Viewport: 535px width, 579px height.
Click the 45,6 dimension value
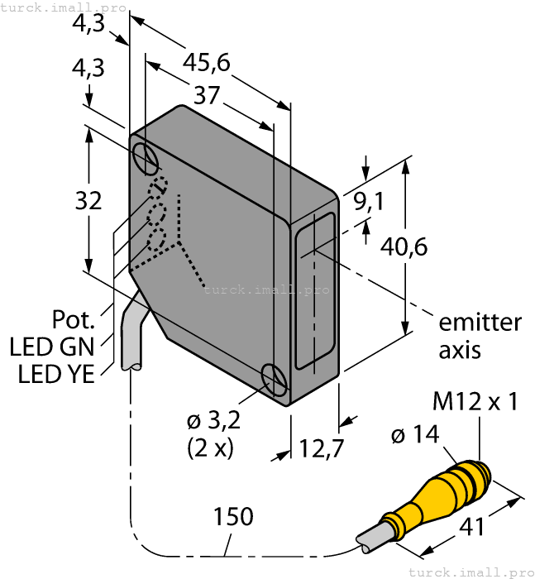(x=206, y=63)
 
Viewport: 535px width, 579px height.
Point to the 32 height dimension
(x=88, y=200)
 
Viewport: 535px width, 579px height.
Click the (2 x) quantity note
(x=210, y=448)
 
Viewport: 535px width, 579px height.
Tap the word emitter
(x=480, y=322)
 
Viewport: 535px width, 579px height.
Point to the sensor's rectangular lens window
(x=316, y=289)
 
